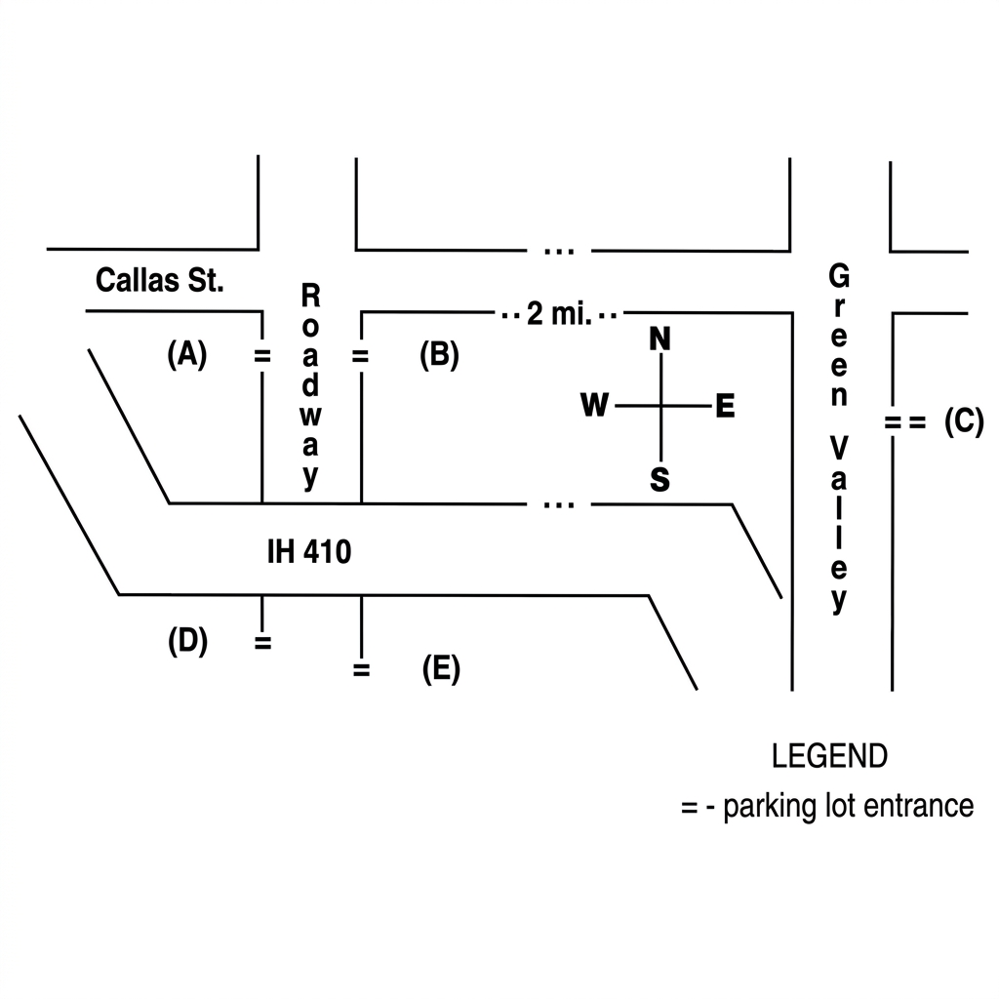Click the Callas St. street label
pos(159,280)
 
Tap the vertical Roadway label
pos(310,386)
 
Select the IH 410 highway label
pos(309,552)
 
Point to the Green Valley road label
pos(839,438)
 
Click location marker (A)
pos(186,354)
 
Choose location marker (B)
pos(439,355)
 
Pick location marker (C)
pos(964,421)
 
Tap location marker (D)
pos(187,641)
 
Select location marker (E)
pos(441,669)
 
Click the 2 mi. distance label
pos(559,314)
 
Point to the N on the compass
pos(660,339)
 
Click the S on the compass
pos(660,479)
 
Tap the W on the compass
pos(594,405)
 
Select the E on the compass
pos(725,406)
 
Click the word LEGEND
pos(829,756)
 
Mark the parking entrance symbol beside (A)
pos(262,356)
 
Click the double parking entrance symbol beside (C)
pos(904,422)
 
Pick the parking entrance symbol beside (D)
pos(263,643)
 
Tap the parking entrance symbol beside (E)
pos(361,670)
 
